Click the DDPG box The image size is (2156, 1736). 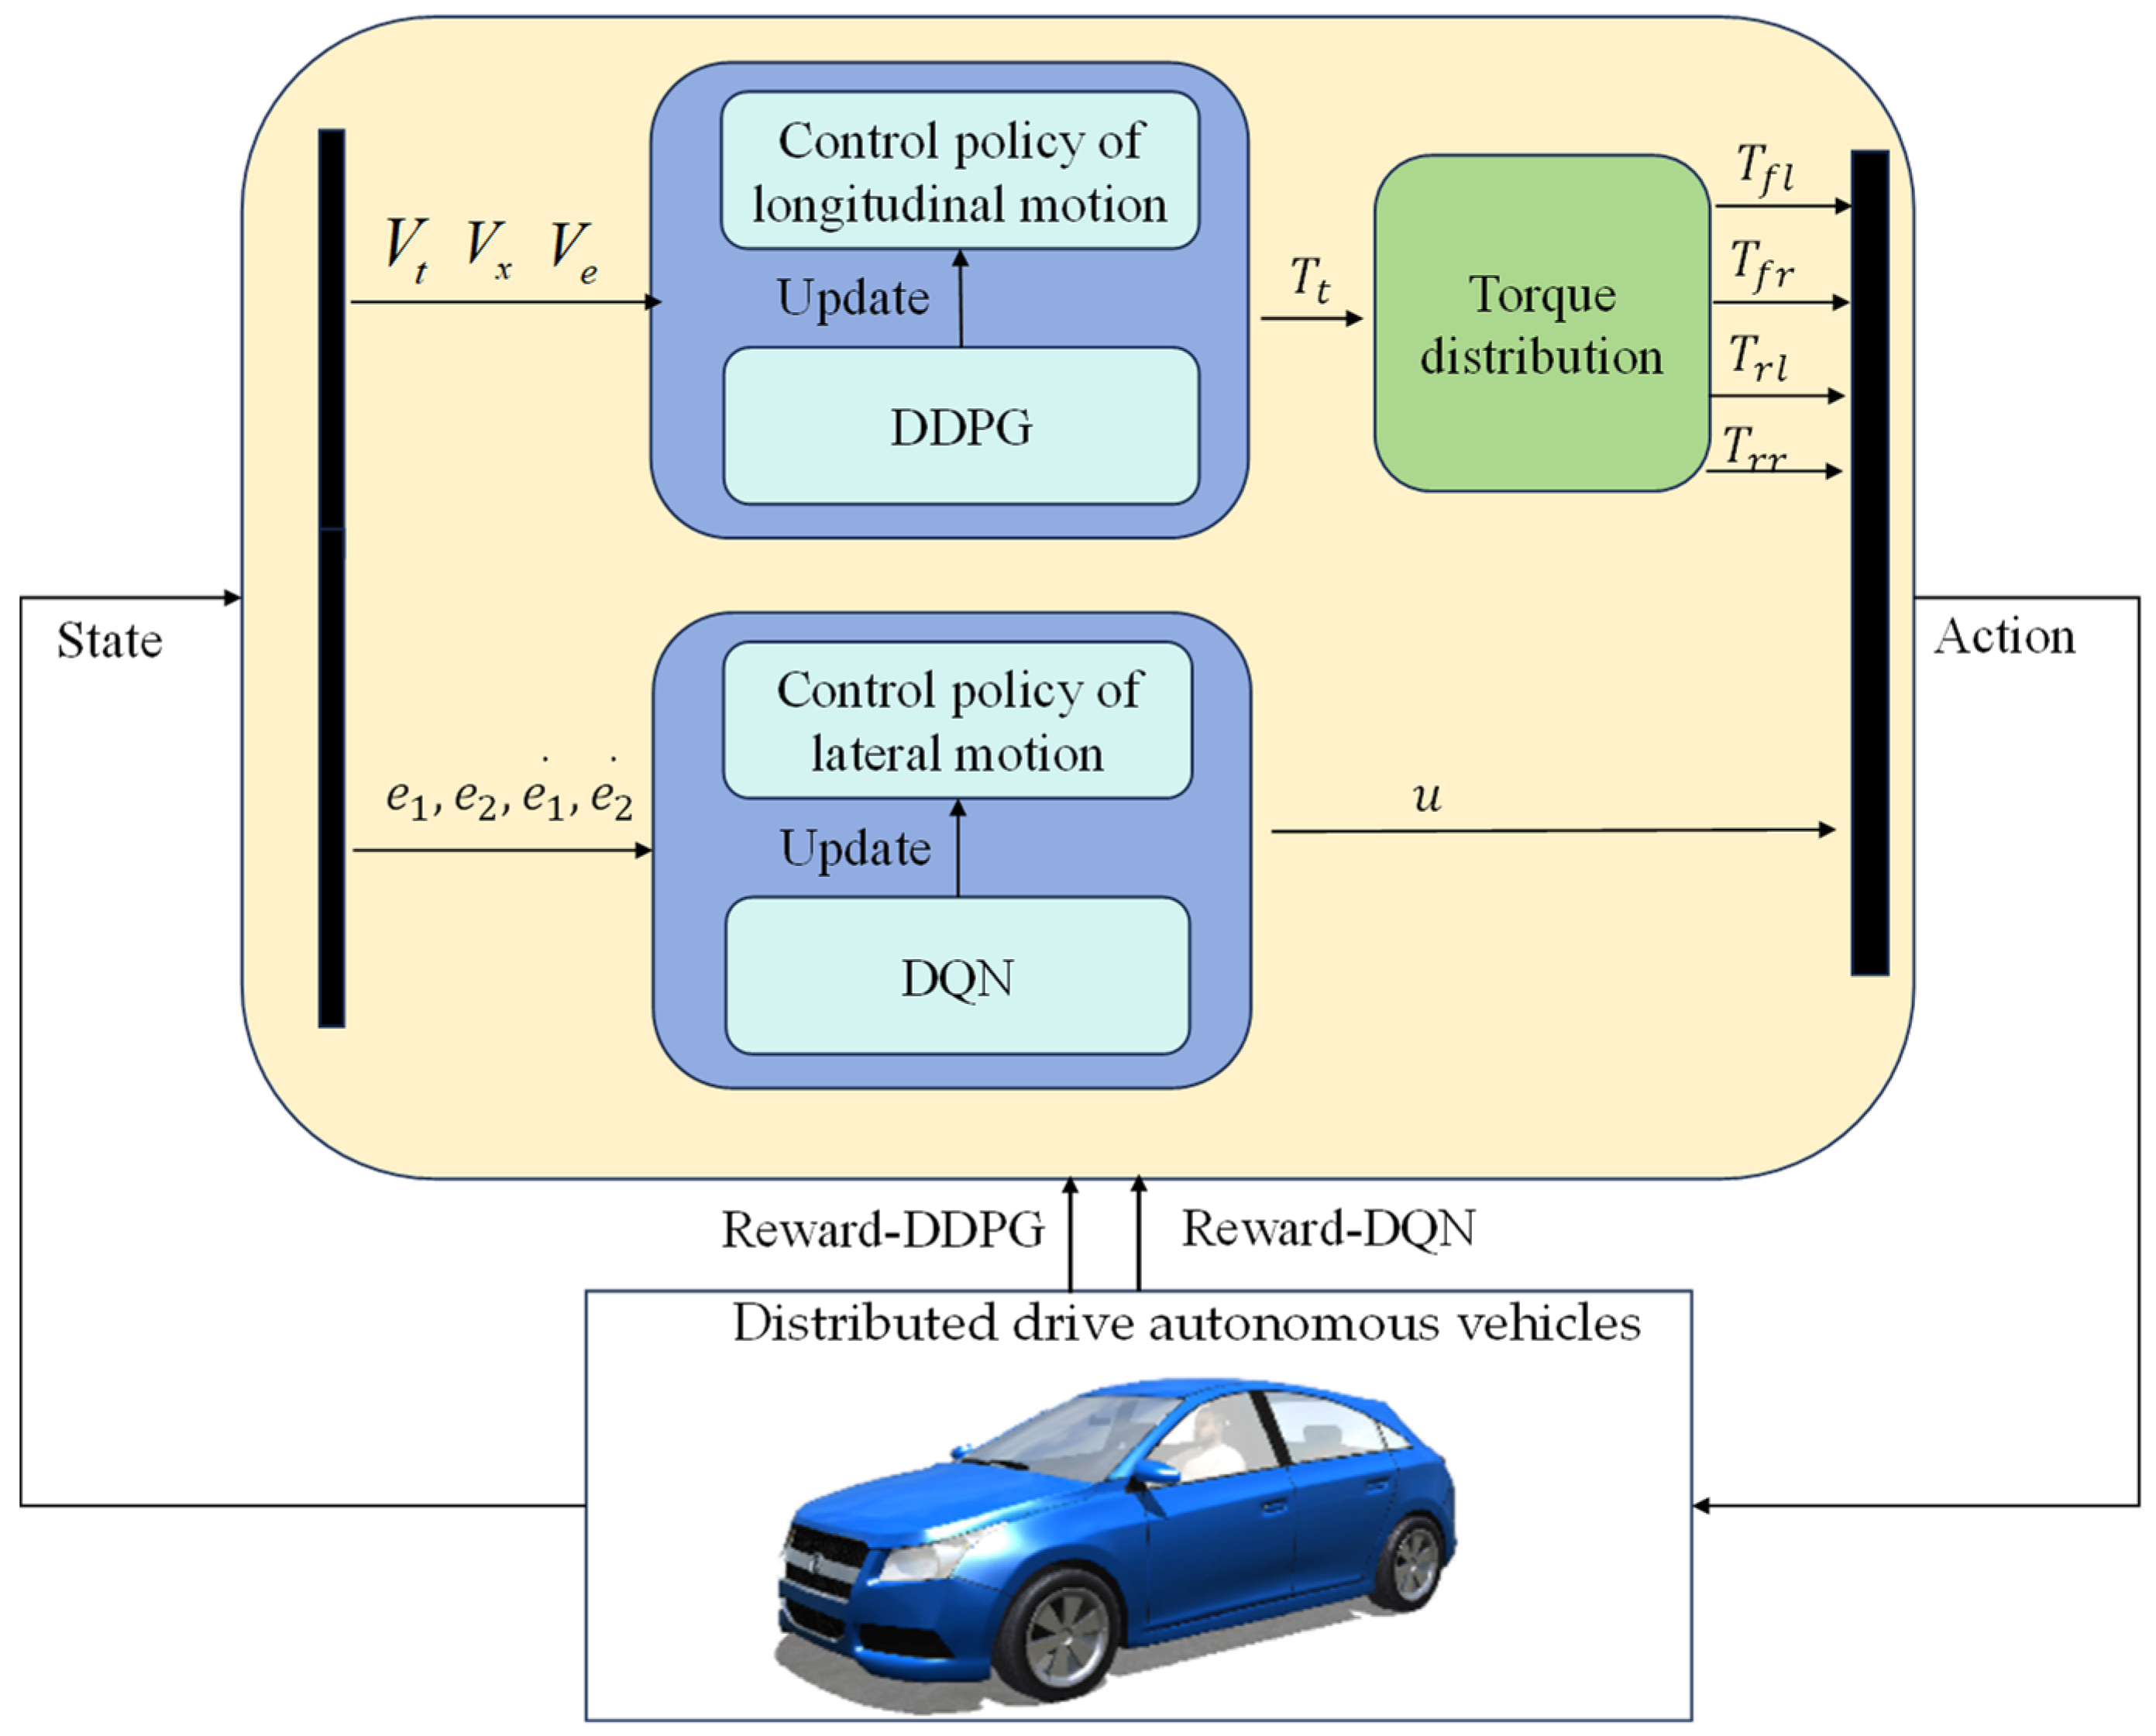[x=960, y=427]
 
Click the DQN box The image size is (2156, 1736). [x=957, y=977]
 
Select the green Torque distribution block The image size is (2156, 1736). [x=1541, y=323]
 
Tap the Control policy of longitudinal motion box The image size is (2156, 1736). [x=960, y=171]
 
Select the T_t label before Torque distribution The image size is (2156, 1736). [x=1310, y=279]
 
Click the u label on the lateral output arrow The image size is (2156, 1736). [x=1427, y=797]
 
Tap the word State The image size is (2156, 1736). [x=109, y=641]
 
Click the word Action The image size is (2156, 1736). [x=2005, y=637]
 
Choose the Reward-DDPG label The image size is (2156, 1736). [x=883, y=1230]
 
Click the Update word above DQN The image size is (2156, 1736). [x=855, y=849]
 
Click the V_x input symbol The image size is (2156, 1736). [x=488, y=246]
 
